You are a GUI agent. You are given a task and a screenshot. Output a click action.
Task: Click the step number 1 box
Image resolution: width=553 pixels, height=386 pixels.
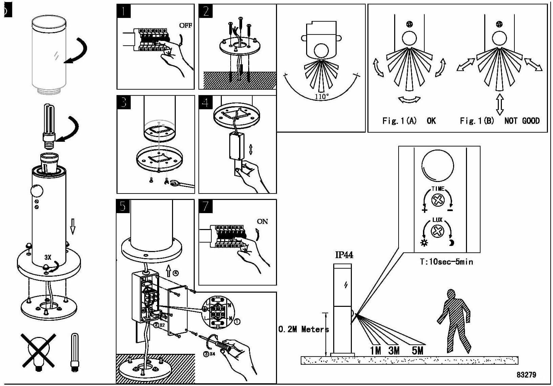click(x=124, y=11)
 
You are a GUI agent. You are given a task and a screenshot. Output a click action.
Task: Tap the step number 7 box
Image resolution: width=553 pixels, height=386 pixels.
click(x=206, y=206)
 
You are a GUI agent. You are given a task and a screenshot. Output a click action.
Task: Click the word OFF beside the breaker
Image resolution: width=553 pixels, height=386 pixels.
click(x=185, y=26)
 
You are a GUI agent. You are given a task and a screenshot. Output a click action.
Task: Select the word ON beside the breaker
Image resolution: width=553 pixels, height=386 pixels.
click(x=262, y=222)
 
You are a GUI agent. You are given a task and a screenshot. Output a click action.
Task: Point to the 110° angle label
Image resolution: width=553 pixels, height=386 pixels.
click(x=321, y=96)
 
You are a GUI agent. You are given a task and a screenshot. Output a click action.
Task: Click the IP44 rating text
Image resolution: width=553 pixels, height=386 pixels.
click(x=344, y=255)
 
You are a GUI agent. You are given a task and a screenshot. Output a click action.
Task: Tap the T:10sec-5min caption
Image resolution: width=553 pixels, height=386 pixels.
click(x=446, y=262)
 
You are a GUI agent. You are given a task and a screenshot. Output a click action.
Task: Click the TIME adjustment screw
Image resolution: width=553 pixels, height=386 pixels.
click(x=438, y=200)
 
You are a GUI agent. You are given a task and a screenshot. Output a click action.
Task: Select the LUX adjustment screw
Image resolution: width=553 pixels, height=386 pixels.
click(x=437, y=231)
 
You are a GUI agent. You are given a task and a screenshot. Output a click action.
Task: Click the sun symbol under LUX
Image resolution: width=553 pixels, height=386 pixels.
click(x=424, y=243)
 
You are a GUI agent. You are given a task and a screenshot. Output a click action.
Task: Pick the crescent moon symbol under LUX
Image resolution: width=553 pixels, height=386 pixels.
click(x=451, y=243)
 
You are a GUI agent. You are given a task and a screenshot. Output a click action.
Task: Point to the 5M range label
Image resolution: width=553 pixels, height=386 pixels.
click(x=418, y=350)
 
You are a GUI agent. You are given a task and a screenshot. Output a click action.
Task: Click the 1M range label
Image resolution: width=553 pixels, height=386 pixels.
click(x=375, y=350)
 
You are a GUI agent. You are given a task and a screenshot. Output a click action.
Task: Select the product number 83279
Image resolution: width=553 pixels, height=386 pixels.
click(x=526, y=374)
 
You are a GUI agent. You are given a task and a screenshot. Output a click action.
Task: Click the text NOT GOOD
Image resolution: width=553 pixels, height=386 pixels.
click(x=522, y=121)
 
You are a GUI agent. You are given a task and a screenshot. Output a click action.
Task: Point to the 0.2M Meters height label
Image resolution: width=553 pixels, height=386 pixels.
click(x=303, y=329)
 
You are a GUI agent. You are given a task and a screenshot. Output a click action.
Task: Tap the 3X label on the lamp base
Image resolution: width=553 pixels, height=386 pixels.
click(x=48, y=257)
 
